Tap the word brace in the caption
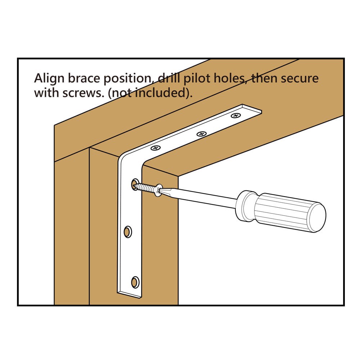[x=81, y=78]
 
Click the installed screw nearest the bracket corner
[x=156, y=148]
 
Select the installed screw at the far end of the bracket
[x=236, y=116]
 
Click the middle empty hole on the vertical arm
[x=127, y=232]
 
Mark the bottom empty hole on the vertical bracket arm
[x=135, y=282]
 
